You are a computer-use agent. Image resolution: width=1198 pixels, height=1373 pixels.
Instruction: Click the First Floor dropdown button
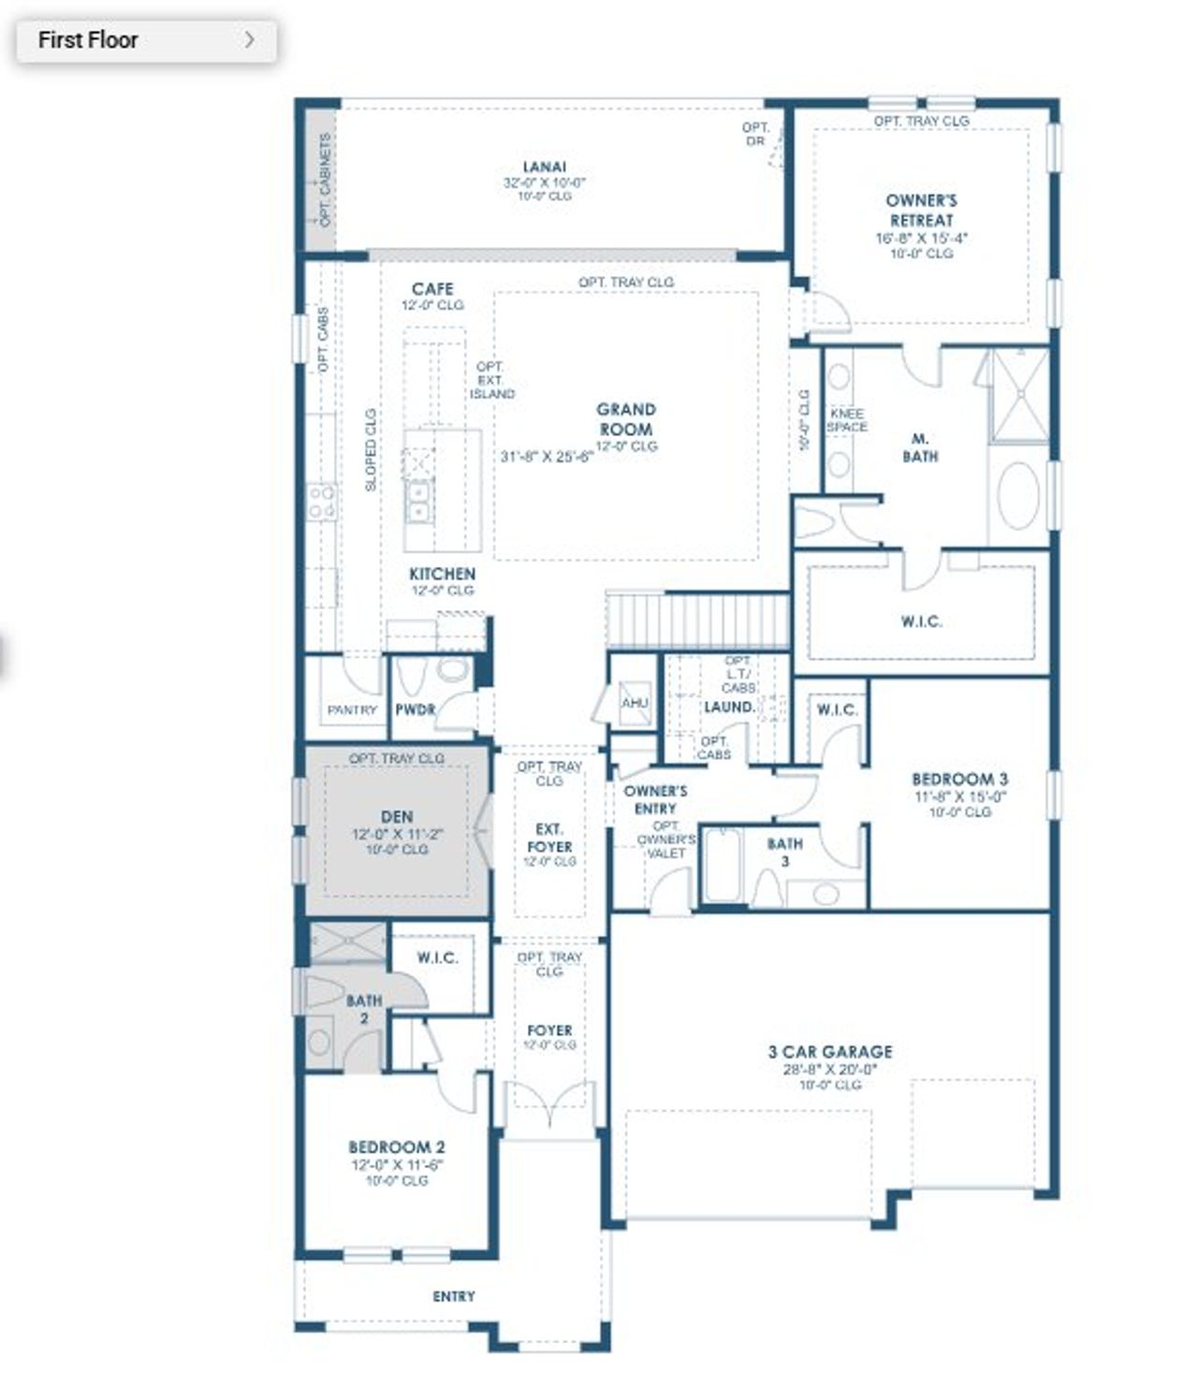click(x=146, y=40)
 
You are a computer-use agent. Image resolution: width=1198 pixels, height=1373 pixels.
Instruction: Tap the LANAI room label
click(x=544, y=168)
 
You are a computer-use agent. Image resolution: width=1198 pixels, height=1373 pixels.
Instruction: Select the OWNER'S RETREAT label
click(x=921, y=211)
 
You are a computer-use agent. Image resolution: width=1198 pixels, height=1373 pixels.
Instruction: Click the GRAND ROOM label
click(x=626, y=419)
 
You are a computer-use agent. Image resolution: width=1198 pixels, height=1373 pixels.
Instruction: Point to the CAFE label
click(x=432, y=289)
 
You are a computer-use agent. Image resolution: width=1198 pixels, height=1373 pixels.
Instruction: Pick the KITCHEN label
click(x=442, y=574)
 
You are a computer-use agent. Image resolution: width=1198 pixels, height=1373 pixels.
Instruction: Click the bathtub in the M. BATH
click(x=1018, y=494)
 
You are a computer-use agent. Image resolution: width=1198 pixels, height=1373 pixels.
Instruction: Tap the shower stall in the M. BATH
click(x=1019, y=394)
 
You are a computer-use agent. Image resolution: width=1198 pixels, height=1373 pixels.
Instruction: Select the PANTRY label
click(x=352, y=710)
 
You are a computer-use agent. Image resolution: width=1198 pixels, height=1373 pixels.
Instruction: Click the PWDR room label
click(x=415, y=710)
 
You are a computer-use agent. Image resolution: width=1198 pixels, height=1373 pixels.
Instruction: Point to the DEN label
click(x=397, y=817)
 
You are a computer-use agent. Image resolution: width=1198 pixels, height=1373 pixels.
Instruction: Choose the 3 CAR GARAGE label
click(x=830, y=1052)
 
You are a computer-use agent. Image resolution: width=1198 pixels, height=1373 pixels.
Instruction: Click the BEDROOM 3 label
click(x=959, y=779)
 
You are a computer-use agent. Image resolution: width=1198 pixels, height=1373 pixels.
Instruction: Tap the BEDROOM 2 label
click(x=397, y=1147)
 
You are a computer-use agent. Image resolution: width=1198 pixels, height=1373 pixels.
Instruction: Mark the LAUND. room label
click(x=729, y=708)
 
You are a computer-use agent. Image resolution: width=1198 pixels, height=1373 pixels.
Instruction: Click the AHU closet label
click(x=635, y=702)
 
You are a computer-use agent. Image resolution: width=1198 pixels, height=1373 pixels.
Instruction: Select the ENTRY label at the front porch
click(x=454, y=1296)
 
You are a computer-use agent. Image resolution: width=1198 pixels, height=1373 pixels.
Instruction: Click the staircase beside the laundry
click(x=698, y=620)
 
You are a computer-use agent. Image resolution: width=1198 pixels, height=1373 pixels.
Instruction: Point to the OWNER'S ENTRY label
click(x=655, y=799)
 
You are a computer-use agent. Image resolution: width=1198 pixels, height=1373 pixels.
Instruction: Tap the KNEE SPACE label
click(x=847, y=420)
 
